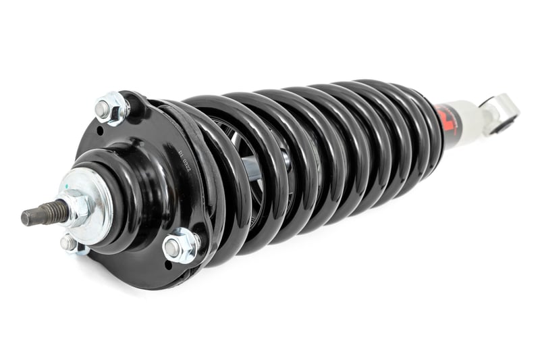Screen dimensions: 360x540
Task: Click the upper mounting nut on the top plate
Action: [111, 108]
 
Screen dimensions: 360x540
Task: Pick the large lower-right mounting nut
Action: [181, 245]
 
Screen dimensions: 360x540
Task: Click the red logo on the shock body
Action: [448, 117]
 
